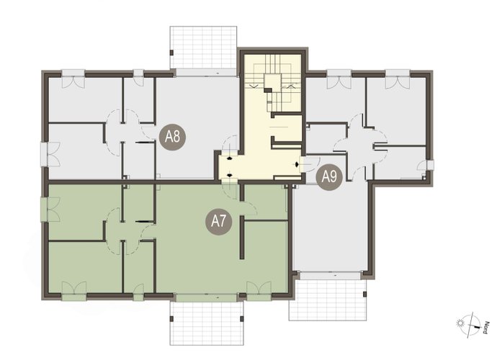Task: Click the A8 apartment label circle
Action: pyautogui.click(x=172, y=138)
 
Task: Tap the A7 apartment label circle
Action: pyautogui.click(x=219, y=222)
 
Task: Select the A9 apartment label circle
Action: pyautogui.click(x=329, y=177)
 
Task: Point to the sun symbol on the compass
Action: pyautogui.click(x=460, y=323)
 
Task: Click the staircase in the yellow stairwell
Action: pyautogui.click(x=273, y=84)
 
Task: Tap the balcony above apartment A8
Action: pyautogui.click(x=204, y=48)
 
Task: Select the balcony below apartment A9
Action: pyautogui.click(x=328, y=300)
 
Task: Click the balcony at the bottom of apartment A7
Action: pyautogui.click(x=207, y=323)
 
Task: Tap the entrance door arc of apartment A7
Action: pyautogui.click(x=230, y=192)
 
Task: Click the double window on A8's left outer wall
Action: pyautogui.click(x=50, y=154)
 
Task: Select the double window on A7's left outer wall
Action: pyautogui.click(x=50, y=209)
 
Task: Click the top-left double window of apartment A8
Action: pyautogui.click(x=73, y=78)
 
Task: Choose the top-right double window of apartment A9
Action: pyautogui.click(x=398, y=79)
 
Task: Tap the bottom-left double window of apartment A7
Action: pyautogui.click(x=74, y=291)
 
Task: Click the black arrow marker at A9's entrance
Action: pyautogui.click(x=297, y=164)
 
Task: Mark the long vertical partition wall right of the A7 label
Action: pyautogui.click(x=242, y=238)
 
